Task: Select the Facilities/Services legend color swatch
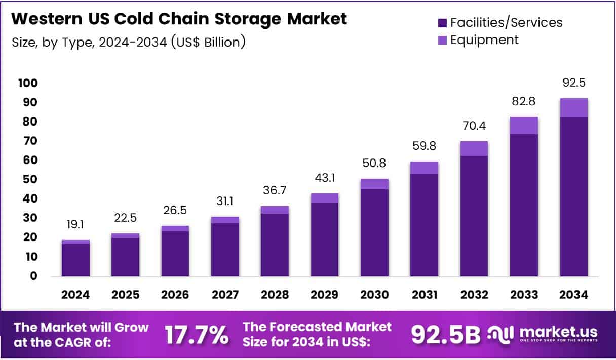tap(442, 23)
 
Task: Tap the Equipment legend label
tap(484, 40)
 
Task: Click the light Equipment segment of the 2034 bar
tap(573, 108)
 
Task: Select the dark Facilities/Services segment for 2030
tap(374, 233)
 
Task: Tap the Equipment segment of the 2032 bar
tap(474, 148)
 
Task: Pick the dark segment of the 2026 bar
tap(175, 254)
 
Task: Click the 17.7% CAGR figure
tap(197, 335)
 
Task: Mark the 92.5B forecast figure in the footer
tap(445, 335)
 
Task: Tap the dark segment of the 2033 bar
tap(524, 205)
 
